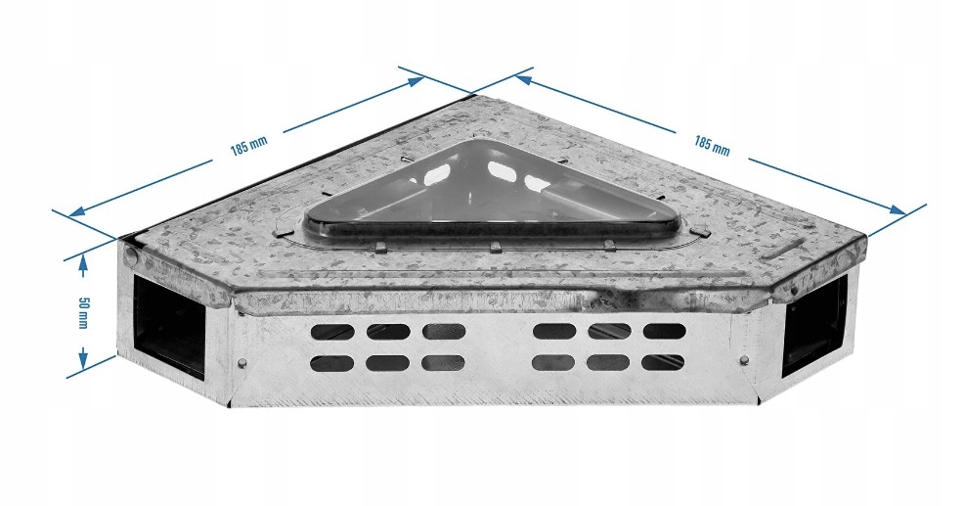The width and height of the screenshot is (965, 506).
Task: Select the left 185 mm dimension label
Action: coord(249,148)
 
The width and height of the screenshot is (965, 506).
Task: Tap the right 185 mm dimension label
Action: coord(712,146)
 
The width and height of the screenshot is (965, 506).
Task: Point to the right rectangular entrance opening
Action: coord(814,327)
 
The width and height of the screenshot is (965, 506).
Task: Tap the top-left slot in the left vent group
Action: coord(332,332)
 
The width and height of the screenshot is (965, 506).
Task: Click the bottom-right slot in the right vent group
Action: coord(664,362)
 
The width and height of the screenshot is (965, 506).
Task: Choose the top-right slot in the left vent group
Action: coord(444,332)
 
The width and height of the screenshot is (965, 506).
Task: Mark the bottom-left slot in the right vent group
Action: coord(553,362)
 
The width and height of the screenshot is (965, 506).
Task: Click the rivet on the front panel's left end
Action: coord(242,362)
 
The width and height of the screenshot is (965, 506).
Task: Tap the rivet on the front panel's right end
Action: coord(745,360)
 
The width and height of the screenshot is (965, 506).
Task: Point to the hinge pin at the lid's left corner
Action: coord(130,254)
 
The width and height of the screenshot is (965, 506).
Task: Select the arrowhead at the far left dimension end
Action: coord(77,212)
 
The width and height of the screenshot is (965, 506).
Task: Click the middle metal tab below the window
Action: coord(494,248)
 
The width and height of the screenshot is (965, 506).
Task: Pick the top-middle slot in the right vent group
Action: coord(609,332)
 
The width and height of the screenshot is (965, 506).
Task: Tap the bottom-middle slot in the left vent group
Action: coord(388,363)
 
